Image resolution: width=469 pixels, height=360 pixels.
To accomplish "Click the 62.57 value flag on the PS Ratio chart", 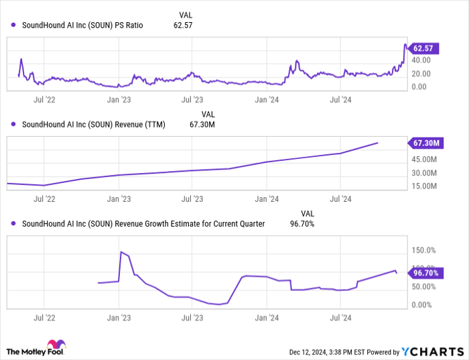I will pyautogui.click(x=424, y=48).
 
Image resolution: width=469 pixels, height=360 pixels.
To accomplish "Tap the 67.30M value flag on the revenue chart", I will pyautogui.click(x=425, y=143).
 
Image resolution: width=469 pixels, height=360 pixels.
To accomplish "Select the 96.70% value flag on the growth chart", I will pyautogui.click(x=425, y=274).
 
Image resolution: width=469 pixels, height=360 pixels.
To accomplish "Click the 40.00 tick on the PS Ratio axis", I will pyautogui.click(x=426, y=60).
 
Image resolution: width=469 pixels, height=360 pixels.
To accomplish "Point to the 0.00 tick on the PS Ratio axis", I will pyautogui.click(x=426, y=86).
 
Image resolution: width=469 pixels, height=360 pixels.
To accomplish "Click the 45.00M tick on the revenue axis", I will pyautogui.click(x=425, y=159).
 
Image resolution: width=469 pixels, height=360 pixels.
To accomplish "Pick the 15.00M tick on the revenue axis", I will pyautogui.click(x=425, y=186).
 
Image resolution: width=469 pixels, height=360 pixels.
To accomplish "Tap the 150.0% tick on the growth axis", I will pyautogui.click(x=424, y=250).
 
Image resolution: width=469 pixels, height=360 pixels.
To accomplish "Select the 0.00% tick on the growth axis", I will pyautogui.click(x=423, y=304).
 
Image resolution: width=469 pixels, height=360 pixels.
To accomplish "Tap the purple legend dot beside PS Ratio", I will pyautogui.click(x=14, y=25).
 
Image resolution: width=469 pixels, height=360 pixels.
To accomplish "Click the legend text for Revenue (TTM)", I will pyautogui.click(x=94, y=124).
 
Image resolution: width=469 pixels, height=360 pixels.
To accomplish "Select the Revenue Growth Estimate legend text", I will pyautogui.click(x=143, y=224).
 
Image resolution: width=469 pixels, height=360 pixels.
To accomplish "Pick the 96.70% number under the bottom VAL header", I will pyautogui.click(x=301, y=224).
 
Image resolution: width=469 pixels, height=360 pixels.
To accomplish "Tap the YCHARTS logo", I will pyautogui.click(x=432, y=351).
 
